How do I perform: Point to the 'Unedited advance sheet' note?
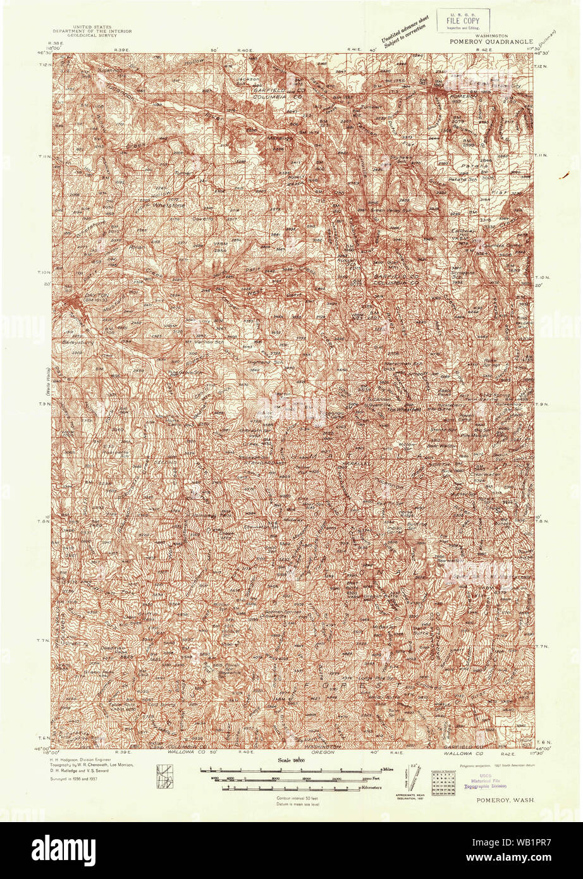coord(400,34)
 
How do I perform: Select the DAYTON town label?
coord(77,295)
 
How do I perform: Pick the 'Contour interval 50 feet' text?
coord(296,799)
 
